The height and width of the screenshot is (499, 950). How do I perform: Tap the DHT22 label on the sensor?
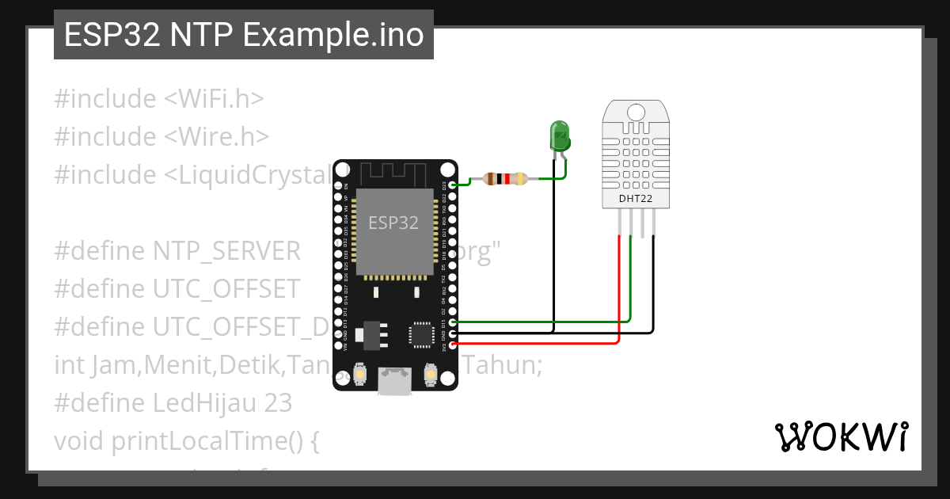click(x=636, y=199)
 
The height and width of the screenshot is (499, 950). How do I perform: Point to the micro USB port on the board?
click(x=393, y=380)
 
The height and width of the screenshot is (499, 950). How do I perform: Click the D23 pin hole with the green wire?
click(x=452, y=185)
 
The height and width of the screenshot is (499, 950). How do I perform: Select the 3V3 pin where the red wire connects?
click(x=452, y=345)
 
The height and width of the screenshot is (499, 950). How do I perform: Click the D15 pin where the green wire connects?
click(x=452, y=322)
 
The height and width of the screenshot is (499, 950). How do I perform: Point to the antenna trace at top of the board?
click(x=393, y=172)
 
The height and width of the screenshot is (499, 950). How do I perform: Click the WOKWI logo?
click(x=841, y=437)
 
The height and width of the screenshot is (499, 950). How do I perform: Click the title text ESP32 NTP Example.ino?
click(x=243, y=36)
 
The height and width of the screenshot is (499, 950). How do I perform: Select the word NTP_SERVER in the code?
click(x=226, y=251)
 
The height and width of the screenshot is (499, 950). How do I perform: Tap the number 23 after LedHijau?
click(x=278, y=403)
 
